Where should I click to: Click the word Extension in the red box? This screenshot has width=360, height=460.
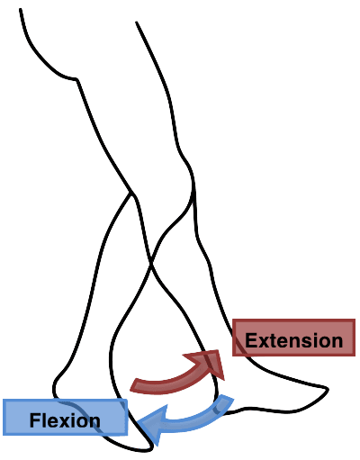tap(293, 340)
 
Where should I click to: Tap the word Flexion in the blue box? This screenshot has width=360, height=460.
tap(65, 420)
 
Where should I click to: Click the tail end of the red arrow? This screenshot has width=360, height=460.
tap(134, 385)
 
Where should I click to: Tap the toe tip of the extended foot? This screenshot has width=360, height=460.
tap(328, 390)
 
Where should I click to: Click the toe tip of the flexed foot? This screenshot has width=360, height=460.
tap(150, 447)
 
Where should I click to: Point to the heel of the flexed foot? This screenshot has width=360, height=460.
tap(55, 389)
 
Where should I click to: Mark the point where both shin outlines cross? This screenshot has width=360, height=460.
tap(151, 264)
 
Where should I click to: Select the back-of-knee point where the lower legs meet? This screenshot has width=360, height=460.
tap(131, 193)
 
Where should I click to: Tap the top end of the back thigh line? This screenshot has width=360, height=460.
tap(20, 10)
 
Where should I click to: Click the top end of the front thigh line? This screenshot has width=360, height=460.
tap(137, 23)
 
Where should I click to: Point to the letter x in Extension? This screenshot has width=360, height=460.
tap(264, 342)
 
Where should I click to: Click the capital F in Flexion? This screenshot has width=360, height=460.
tap(35, 420)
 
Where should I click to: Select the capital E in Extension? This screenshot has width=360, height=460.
tap(251, 340)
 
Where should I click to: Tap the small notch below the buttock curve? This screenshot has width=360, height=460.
tap(76, 80)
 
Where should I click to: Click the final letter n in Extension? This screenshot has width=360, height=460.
tap(337, 342)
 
